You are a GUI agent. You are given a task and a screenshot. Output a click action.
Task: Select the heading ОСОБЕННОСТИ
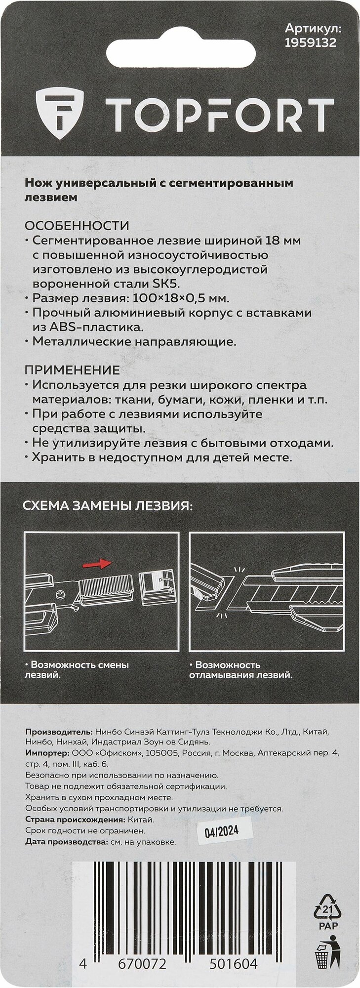point(77,226)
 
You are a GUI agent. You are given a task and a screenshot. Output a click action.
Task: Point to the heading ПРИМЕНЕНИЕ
point(72,370)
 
